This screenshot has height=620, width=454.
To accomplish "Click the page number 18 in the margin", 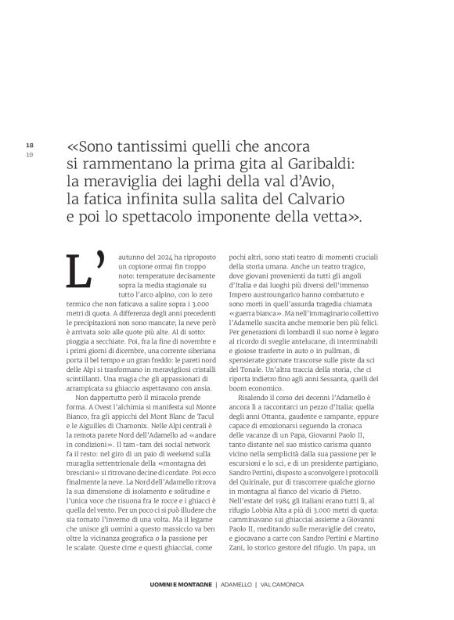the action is pyautogui.click(x=29, y=146).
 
